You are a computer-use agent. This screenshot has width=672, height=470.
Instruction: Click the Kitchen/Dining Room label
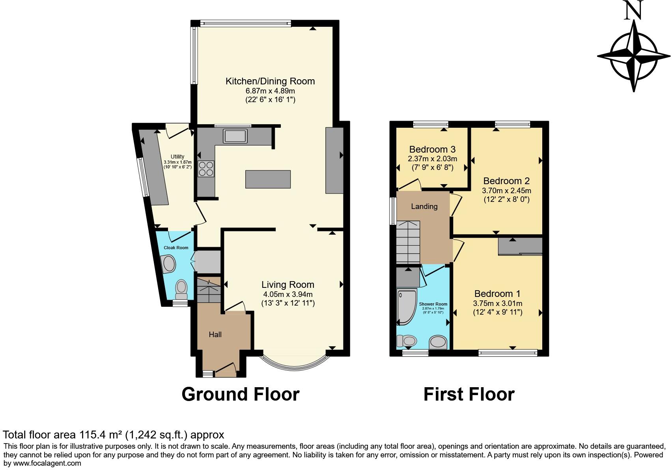coord(270,81)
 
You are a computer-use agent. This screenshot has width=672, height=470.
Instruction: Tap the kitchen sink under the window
coord(235,136)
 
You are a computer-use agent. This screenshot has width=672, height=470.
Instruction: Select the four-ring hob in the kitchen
coord(206,169)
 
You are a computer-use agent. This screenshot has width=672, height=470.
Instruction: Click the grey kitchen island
coord(268,179)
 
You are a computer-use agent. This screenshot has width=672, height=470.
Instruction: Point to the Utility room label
coord(177,157)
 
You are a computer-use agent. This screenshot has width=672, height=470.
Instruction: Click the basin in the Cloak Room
coord(169,264)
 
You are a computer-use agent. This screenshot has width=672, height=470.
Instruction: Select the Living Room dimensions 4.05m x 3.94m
coord(288,294)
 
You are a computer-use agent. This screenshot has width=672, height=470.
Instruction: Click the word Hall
coord(215,334)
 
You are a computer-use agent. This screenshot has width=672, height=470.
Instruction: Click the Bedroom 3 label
coord(432,149)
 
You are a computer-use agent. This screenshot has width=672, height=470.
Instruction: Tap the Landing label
coord(424,206)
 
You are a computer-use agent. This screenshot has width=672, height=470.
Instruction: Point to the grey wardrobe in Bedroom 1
coord(520,246)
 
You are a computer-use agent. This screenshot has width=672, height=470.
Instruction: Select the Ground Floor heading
coord(240,394)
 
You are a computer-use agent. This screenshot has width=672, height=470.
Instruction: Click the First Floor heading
coord(469,394)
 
